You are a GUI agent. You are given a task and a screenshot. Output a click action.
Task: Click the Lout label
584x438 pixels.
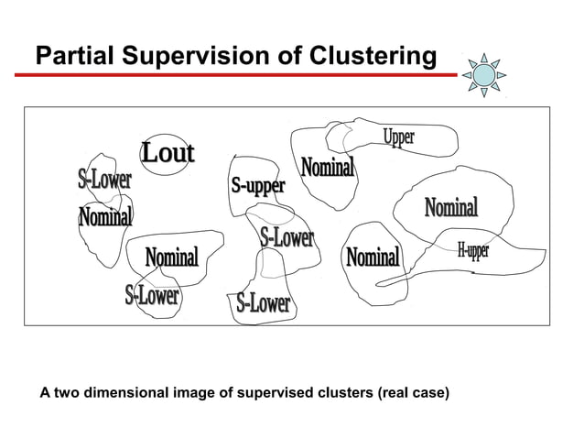click(168, 153)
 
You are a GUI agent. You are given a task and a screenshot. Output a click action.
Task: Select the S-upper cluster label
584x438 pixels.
click(257, 186)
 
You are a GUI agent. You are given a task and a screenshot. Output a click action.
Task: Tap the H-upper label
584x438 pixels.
click(473, 251)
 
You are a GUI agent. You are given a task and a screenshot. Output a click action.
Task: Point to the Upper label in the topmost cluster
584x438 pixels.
click(398, 138)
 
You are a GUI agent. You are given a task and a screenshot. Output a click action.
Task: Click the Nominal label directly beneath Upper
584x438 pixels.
click(328, 169)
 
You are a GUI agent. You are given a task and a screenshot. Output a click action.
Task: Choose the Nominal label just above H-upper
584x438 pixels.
click(450, 208)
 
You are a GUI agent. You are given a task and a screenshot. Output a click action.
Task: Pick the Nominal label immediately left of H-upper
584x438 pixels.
click(373, 257)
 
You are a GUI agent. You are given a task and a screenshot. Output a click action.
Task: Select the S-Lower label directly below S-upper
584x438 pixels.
click(287, 238)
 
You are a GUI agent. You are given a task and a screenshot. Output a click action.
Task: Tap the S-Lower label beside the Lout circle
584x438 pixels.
click(103, 180)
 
